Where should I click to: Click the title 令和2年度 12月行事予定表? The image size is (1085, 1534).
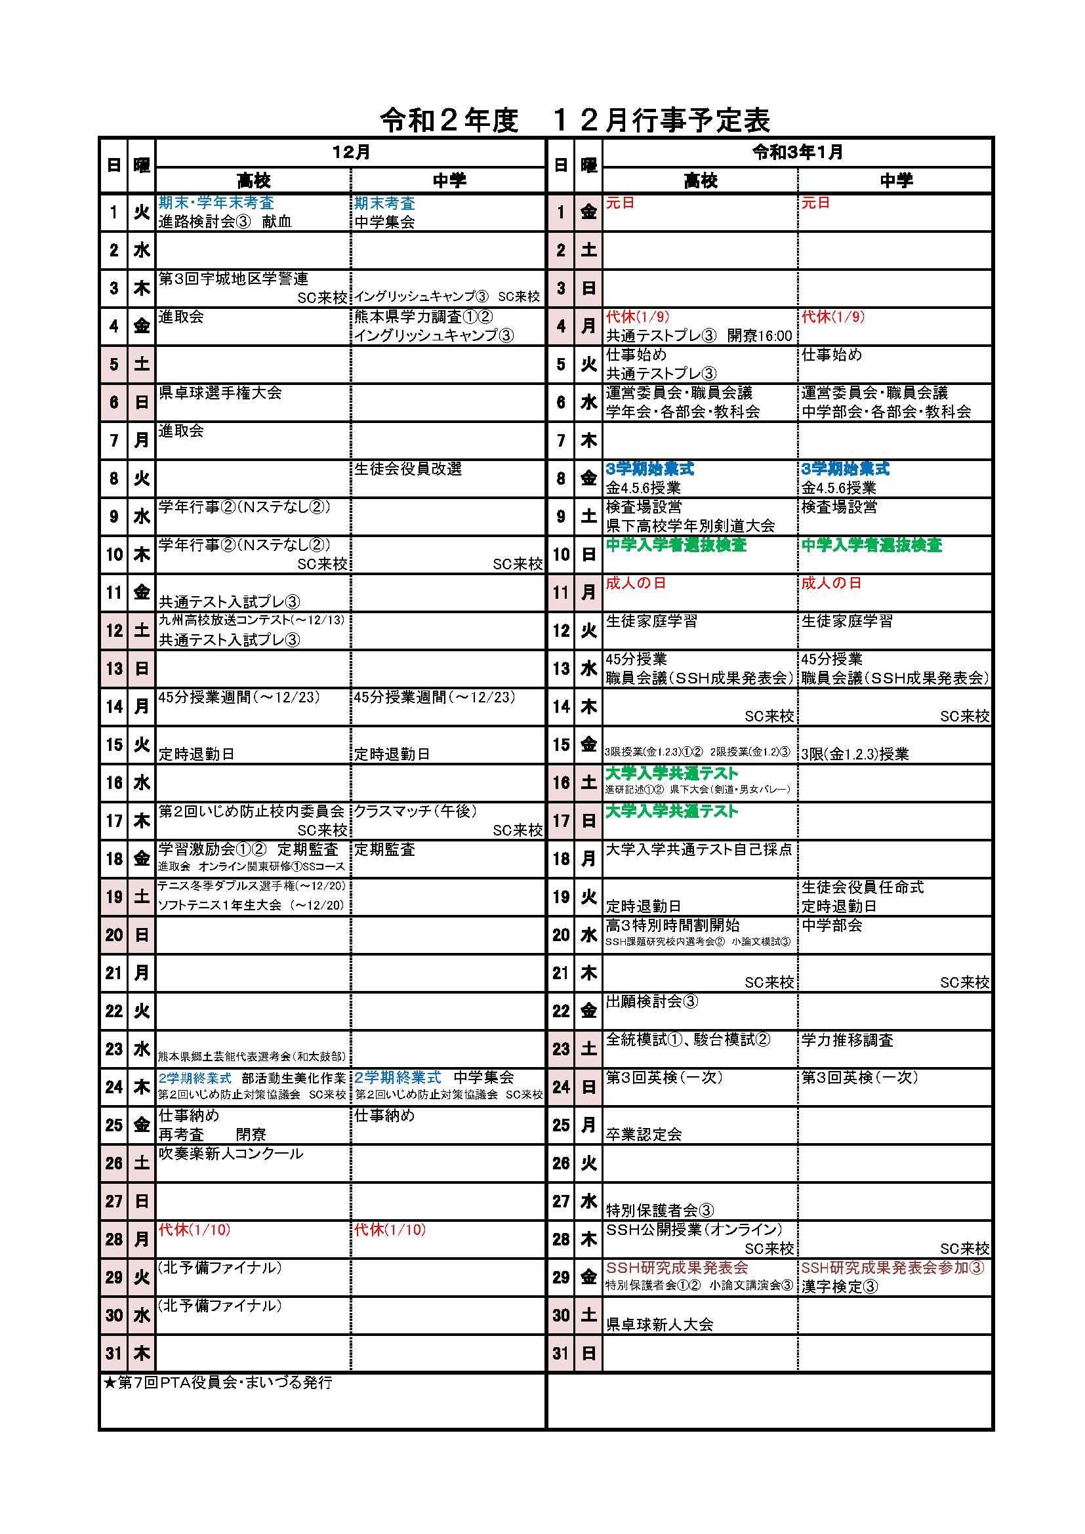575,120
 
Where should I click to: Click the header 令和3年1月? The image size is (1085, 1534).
797,152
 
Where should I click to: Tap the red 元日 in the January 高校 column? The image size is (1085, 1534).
619,203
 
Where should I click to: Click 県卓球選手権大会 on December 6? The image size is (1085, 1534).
220,393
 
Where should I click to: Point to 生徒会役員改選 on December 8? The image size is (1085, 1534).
407,469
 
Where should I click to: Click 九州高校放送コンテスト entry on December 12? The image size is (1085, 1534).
251,620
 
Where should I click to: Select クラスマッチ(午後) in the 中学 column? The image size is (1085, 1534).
415,811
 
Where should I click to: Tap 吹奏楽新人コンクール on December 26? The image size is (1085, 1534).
230,1154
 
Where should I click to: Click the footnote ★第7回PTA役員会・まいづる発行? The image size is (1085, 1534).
218,1383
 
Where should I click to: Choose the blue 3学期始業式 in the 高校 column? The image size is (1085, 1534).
649,469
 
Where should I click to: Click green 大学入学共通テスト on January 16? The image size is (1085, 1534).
672,773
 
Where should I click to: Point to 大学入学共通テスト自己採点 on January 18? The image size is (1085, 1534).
698,849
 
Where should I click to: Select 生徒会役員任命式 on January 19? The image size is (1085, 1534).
862,887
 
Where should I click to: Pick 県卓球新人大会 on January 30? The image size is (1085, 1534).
659,1324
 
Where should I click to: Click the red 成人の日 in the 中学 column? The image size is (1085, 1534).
831,583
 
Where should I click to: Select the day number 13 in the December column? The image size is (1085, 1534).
114,669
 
